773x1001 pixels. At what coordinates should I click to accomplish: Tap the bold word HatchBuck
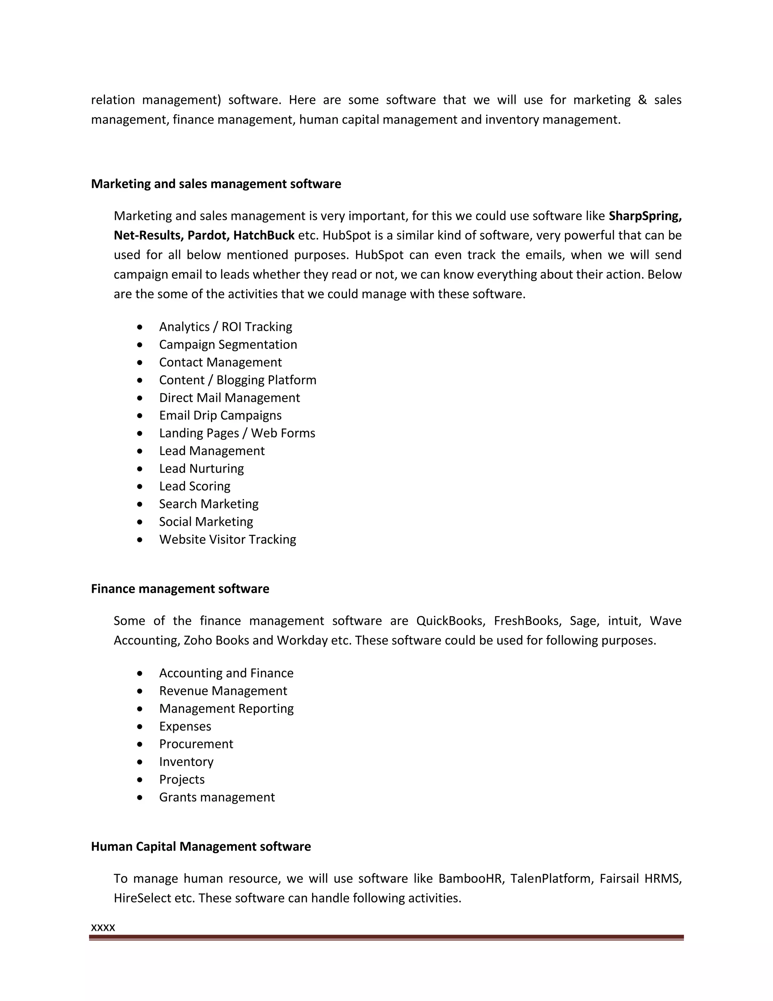click(264, 236)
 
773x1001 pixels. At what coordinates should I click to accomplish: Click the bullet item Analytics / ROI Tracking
click(225, 327)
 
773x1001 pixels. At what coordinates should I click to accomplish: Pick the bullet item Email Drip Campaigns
click(220, 415)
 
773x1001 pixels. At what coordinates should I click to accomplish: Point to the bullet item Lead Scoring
click(195, 486)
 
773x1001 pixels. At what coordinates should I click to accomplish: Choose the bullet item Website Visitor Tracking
click(228, 539)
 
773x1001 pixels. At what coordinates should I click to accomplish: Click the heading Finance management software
click(180, 589)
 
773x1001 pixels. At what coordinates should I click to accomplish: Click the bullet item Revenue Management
click(223, 691)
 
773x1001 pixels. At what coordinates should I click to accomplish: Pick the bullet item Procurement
click(196, 745)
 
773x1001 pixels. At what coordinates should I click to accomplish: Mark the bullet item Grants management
click(217, 797)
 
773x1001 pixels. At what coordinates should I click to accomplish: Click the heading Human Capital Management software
click(200, 847)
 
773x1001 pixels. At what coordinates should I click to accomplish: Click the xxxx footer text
click(103, 928)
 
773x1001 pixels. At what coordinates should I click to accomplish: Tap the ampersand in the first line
click(642, 100)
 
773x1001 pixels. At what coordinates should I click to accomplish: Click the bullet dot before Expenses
click(140, 726)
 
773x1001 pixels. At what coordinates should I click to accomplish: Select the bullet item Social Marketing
click(206, 522)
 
